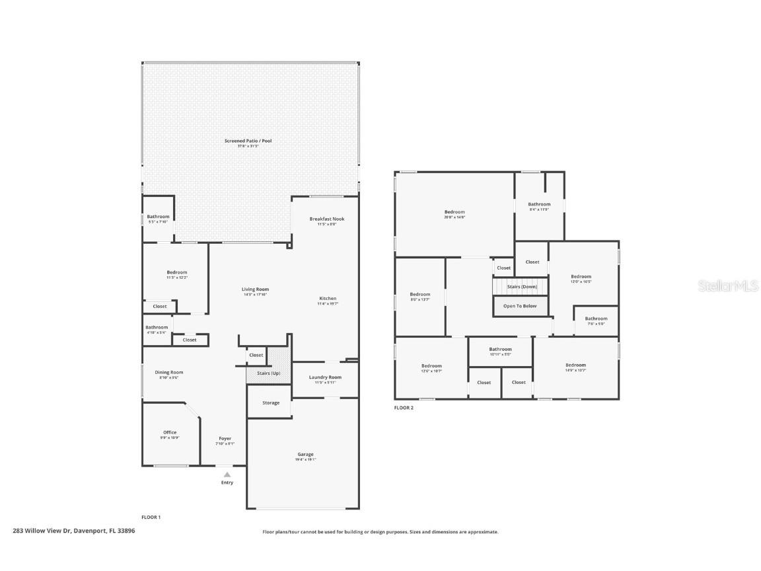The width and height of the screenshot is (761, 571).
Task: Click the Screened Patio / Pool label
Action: click(x=248, y=141)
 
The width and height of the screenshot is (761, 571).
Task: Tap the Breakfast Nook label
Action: click(x=327, y=219)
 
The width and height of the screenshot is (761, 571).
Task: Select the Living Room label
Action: click(x=255, y=289)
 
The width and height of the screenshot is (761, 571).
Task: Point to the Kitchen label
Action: click(x=328, y=299)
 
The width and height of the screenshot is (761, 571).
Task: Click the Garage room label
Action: click(x=305, y=455)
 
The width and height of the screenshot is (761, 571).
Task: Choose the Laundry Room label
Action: click(x=325, y=377)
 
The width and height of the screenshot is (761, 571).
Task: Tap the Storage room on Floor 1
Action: click(x=270, y=402)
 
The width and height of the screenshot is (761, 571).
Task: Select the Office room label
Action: click(x=170, y=433)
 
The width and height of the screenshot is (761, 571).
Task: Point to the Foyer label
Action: click(x=225, y=439)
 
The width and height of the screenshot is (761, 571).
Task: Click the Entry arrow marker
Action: click(x=227, y=475)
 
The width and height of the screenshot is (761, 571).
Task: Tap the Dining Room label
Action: click(x=169, y=373)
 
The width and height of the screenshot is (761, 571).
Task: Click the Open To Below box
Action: click(x=520, y=306)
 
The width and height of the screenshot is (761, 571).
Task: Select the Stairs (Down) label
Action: click(x=521, y=287)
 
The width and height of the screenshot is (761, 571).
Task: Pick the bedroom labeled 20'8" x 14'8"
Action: click(x=454, y=213)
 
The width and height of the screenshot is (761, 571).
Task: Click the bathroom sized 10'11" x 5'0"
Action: click(x=500, y=350)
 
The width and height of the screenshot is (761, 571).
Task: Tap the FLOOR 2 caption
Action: click(x=404, y=408)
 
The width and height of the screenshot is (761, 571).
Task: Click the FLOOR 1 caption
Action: click(x=151, y=517)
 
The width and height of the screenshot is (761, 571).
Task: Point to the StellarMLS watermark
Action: click(x=729, y=285)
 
